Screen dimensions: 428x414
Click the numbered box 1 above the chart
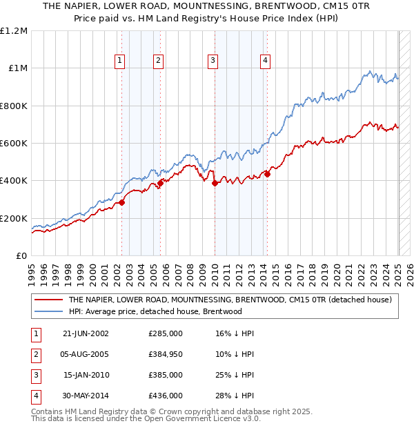click(120, 61)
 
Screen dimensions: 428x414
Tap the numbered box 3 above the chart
click(213, 61)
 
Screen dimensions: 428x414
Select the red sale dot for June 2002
click(122, 202)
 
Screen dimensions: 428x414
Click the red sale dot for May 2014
click(267, 174)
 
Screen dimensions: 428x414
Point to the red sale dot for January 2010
click(215, 184)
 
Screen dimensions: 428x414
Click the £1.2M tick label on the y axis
click(14, 31)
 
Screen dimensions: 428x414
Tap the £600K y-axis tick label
click(13, 144)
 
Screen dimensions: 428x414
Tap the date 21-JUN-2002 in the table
click(86, 333)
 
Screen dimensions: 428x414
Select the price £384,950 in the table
click(165, 354)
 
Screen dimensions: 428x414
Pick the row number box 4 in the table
click(34, 396)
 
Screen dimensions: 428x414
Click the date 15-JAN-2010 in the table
click(86, 375)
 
